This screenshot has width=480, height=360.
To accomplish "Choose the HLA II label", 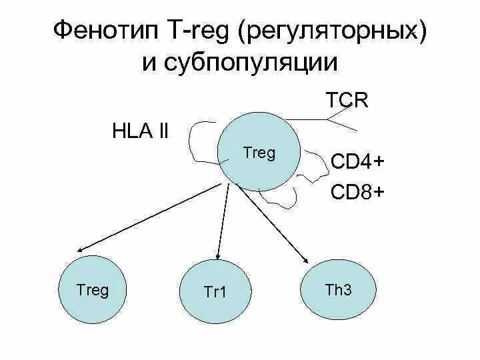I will (x=140, y=131).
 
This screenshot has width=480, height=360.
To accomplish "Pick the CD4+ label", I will (x=357, y=163).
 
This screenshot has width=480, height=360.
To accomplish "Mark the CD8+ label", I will (x=357, y=193).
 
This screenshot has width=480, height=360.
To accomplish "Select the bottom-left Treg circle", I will (x=93, y=290).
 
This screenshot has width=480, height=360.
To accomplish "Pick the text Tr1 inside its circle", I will (x=215, y=292).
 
